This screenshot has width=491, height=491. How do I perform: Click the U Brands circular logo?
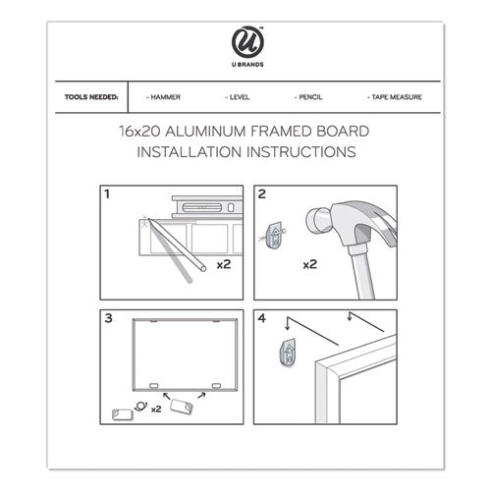pyautogui.click(x=247, y=42)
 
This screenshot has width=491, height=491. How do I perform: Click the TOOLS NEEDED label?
pyautogui.click(x=91, y=97)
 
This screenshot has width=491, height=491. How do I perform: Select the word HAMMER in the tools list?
pyautogui.click(x=165, y=97)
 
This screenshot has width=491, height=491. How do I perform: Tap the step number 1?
pyautogui.click(x=107, y=194)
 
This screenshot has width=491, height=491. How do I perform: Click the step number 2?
pyautogui.click(x=261, y=194)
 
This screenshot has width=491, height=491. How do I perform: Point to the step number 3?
pyautogui.click(x=108, y=318)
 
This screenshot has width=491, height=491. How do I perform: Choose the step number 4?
pyautogui.click(x=262, y=318)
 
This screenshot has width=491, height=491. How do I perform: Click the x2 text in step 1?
pyautogui.click(x=224, y=264)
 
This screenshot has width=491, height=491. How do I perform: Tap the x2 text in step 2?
pyautogui.click(x=310, y=264)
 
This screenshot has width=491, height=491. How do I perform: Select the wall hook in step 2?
pyautogui.click(x=275, y=235)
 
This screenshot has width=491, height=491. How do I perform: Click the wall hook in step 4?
pyautogui.click(x=288, y=353)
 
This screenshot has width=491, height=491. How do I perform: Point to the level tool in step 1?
pyautogui.click(x=207, y=207)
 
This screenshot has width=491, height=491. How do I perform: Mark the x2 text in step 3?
pyautogui.click(x=156, y=409)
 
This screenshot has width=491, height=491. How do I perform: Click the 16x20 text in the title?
pyautogui.click(x=139, y=132)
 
